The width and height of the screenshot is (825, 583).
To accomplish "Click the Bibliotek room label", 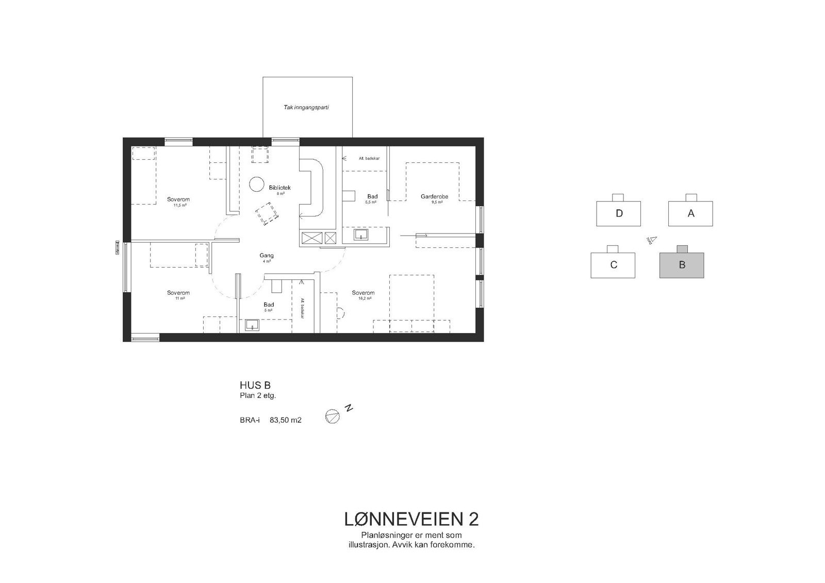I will (x=280, y=188).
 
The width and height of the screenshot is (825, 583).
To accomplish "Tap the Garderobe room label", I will (x=434, y=196).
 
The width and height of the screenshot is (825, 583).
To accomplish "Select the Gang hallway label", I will (x=267, y=256).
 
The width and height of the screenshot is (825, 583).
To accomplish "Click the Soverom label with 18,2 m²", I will (x=363, y=293).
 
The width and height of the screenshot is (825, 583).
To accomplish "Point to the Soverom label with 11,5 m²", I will (x=179, y=199).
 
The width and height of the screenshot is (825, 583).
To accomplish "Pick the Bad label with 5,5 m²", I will (x=372, y=196).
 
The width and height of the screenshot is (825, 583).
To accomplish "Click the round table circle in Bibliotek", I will (x=256, y=184).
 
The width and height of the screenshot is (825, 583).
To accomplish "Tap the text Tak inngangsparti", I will (x=306, y=108).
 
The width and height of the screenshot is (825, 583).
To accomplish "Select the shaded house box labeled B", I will (x=682, y=265).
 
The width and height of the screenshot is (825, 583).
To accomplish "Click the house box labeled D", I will (x=619, y=213).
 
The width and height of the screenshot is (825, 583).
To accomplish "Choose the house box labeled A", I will (x=690, y=213).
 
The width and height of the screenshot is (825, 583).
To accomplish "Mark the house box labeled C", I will (x=613, y=265).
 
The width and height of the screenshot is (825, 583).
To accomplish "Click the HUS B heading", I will (x=255, y=385).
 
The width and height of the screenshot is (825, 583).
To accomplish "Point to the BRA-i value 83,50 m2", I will (x=285, y=420).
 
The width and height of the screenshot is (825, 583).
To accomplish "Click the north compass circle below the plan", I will (x=333, y=417).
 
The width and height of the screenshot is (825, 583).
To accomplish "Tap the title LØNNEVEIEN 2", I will (x=411, y=519).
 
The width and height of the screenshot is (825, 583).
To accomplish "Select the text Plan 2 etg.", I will (x=258, y=396).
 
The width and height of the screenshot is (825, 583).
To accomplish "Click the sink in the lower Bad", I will (x=252, y=325).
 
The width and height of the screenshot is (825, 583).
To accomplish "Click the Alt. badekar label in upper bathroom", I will (x=369, y=158).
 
